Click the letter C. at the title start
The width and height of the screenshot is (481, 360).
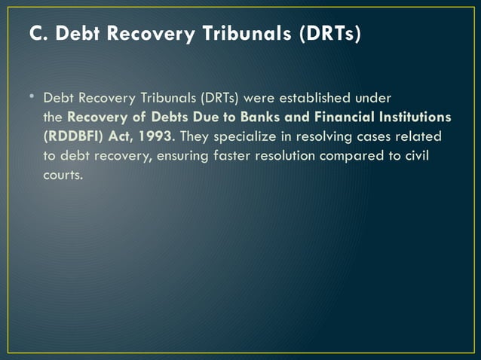click(35, 34)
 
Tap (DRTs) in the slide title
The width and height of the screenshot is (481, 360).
click(328, 34)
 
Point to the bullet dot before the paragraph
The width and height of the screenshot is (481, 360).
click(32, 99)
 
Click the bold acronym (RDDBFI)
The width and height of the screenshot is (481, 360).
click(76, 139)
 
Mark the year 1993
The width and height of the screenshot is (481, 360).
click(155, 139)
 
